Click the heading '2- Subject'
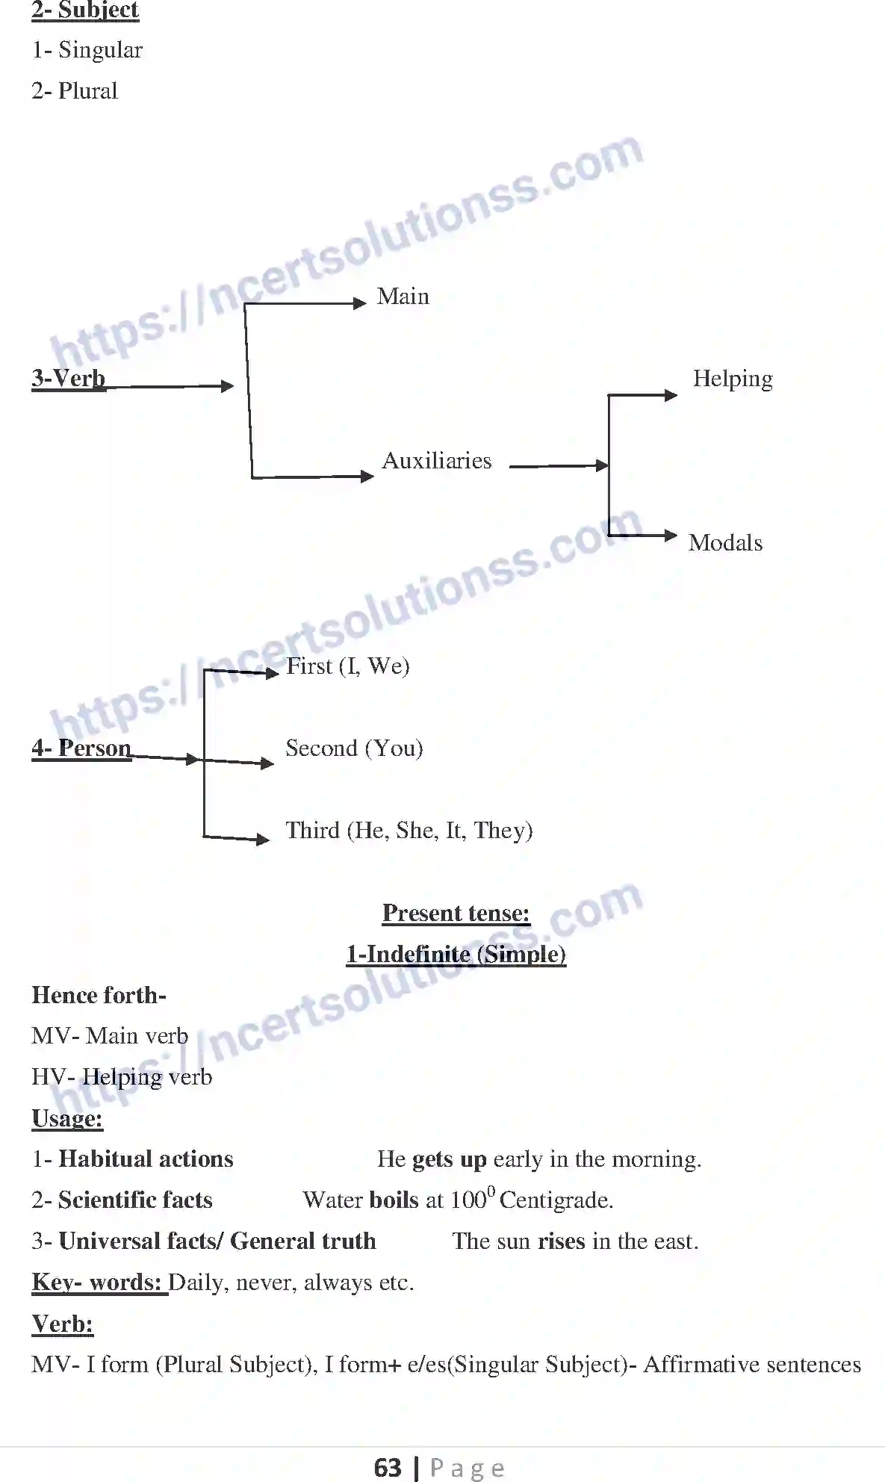point(85,10)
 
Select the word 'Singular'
point(100,50)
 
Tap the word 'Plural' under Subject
point(87,91)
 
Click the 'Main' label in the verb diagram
point(403,297)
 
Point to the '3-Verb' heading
point(68,378)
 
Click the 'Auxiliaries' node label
point(436,461)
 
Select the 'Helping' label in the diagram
point(732,379)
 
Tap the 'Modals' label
point(725,543)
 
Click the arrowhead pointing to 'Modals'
point(671,536)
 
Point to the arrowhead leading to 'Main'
point(360,303)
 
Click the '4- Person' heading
point(81,748)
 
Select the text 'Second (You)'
point(354,748)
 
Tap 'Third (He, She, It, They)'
point(409,830)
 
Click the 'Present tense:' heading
point(456,913)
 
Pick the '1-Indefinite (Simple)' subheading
point(456,954)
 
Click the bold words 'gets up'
point(449,1159)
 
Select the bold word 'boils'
point(394,1200)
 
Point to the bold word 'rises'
point(561,1241)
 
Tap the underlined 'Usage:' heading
point(67,1118)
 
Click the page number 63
point(388,1467)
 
